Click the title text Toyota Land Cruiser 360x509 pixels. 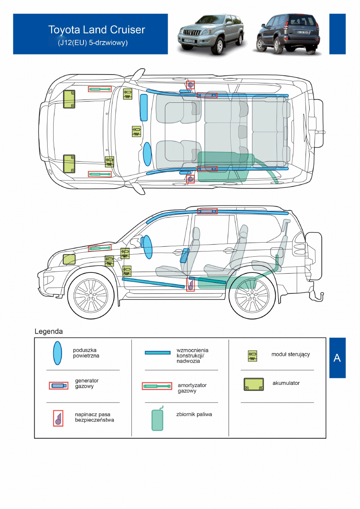96,30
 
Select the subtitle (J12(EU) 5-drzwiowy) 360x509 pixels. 93,42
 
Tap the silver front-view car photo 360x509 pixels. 210,34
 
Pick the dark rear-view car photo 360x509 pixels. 288,34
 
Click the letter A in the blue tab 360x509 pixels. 337,358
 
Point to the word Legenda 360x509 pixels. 49,332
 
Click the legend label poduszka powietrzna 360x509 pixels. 86,353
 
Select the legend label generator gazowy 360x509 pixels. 87,383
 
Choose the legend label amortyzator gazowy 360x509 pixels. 192,388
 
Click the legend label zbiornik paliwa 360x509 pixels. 194,414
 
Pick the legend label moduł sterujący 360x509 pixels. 290,355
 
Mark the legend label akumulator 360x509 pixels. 286,383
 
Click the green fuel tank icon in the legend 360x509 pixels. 158,420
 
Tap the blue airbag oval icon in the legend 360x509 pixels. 58,353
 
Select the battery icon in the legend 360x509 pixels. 254,384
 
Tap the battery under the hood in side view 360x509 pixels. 69,259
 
